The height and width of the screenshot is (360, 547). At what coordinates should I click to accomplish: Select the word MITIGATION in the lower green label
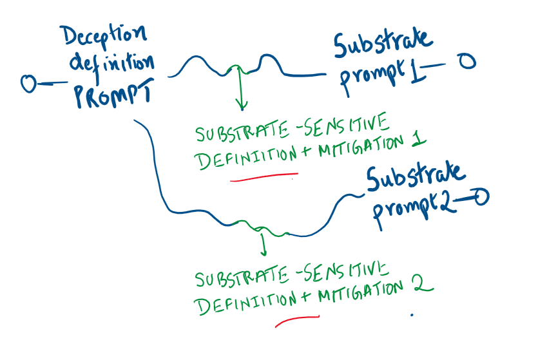(358, 292)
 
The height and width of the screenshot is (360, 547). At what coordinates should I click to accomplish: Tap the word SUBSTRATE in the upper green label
(241, 133)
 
